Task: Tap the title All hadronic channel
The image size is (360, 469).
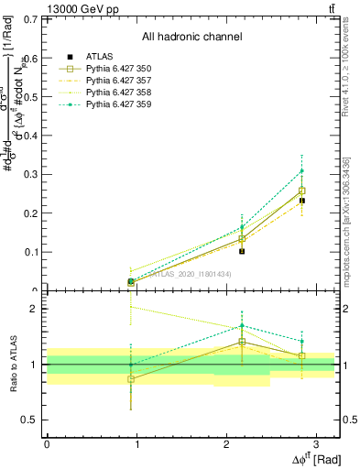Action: (x=191, y=37)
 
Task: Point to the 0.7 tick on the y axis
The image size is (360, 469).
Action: (x=31, y=19)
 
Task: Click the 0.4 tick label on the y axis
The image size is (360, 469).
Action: (x=31, y=136)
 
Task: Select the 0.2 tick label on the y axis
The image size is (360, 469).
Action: (x=31, y=213)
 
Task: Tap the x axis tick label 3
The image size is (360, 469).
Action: (x=315, y=443)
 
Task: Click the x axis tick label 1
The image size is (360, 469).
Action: (x=136, y=443)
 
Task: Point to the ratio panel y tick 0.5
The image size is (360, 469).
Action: (x=31, y=420)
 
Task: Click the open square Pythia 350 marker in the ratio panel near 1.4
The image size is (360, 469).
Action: (x=242, y=342)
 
